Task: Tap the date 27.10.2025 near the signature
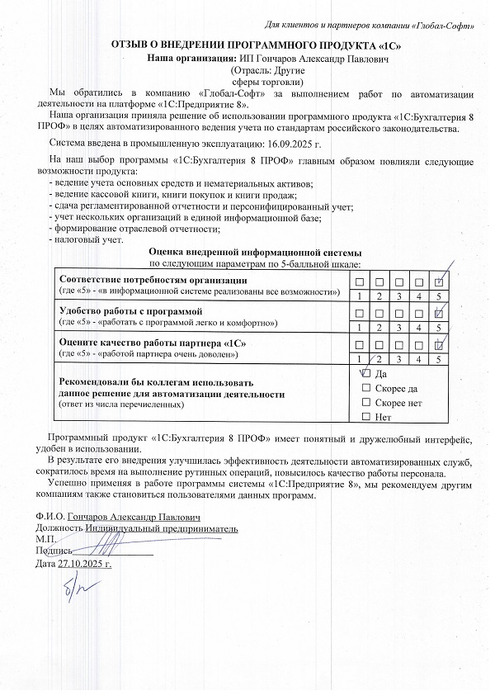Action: point(83,564)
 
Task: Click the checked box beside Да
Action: point(366,374)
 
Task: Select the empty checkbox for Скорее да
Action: point(366,388)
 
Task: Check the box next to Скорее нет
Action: point(366,402)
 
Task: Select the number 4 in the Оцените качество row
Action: point(419,358)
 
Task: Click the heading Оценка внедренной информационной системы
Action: point(255,252)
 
